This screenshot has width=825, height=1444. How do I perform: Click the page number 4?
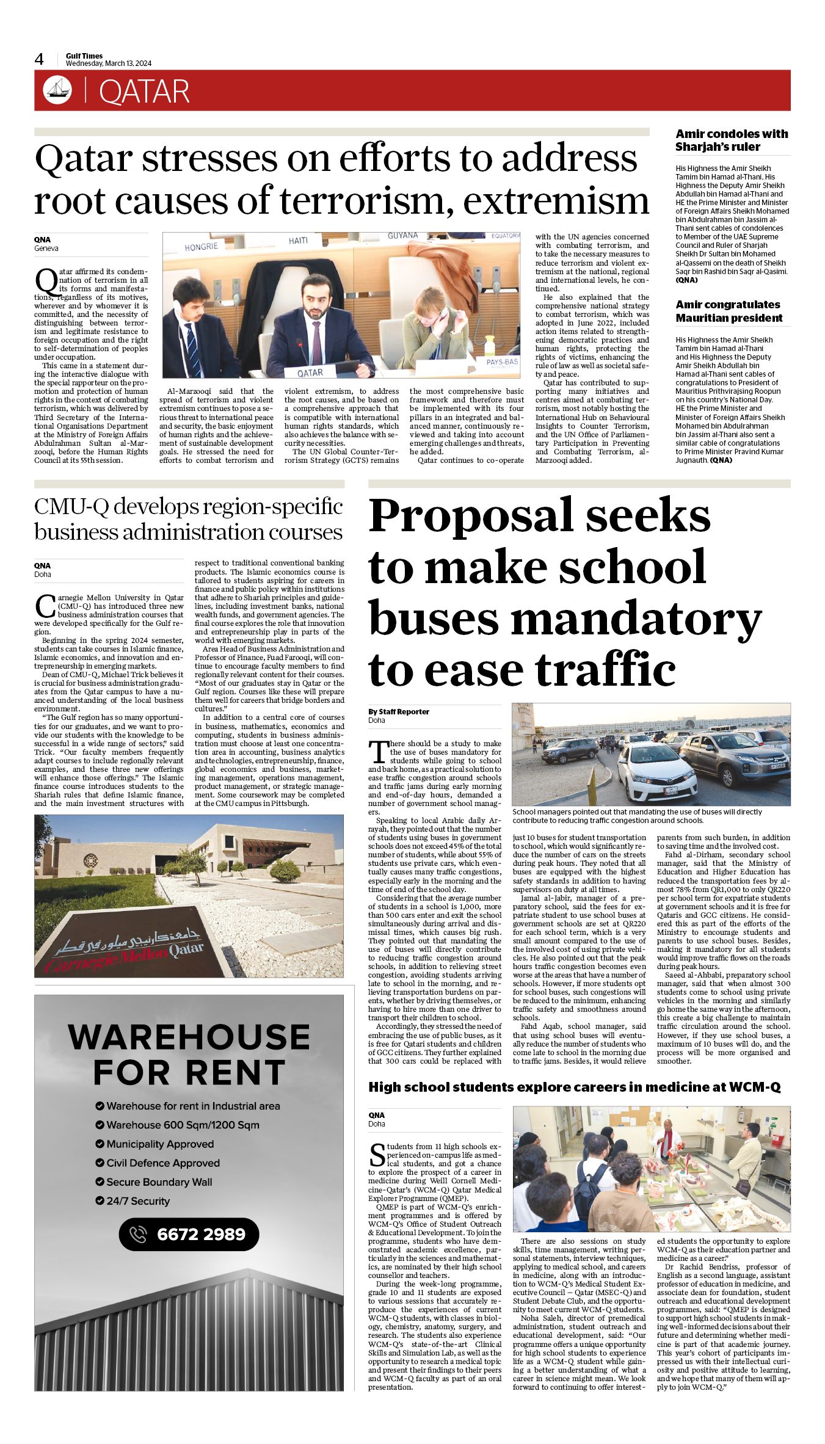coord(39,59)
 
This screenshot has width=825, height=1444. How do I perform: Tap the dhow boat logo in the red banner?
coord(57,90)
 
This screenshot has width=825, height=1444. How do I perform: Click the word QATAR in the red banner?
coord(144,92)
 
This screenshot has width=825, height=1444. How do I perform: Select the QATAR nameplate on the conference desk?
coord(310,372)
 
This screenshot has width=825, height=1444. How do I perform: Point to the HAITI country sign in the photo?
coord(298,241)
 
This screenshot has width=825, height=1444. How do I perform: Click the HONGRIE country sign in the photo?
coord(201,247)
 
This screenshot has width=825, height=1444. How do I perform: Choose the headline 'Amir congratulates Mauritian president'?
coord(729,311)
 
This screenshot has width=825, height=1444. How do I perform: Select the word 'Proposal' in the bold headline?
coord(471,515)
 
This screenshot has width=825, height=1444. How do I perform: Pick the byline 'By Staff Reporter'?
coord(399,711)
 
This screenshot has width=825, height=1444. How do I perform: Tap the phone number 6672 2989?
coord(201,1234)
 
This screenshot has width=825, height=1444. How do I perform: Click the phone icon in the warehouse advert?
coord(139,1234)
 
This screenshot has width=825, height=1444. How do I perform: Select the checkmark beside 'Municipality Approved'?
coord(100,1144)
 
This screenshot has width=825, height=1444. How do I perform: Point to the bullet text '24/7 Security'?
coord(138,1200)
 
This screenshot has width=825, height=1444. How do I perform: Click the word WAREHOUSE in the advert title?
coord(189,1037)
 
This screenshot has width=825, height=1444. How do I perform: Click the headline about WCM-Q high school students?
coord(574,1087)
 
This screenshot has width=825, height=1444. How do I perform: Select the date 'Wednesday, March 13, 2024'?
coord(109,63)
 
